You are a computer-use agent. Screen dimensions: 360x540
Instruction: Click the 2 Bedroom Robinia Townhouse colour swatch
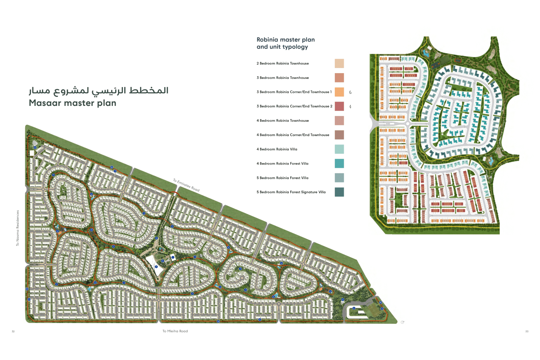pos(339,63)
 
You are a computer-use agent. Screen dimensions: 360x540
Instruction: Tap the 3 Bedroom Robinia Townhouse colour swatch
pos(339,78)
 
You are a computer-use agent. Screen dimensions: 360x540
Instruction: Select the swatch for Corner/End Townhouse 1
pos(339,92)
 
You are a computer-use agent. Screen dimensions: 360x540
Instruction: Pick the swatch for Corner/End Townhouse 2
pos(339,106)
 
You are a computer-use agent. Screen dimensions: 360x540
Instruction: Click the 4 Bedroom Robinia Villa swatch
pos(339,149)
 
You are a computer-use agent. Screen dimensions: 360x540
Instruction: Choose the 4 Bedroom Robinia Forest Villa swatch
pos(339,163)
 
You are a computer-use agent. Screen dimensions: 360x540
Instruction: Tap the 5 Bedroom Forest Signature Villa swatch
pos(339,192)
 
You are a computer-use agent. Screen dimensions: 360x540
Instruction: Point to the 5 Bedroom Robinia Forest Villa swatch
pos(339,178)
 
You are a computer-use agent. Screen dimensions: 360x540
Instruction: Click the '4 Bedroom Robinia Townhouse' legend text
pos(283,121)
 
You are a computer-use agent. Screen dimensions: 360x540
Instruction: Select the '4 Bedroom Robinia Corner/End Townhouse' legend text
pos(293,135)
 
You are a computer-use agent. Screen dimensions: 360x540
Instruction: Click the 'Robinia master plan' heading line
pos(285,40)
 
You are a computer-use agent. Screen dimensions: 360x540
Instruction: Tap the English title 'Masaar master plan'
pos(72,103)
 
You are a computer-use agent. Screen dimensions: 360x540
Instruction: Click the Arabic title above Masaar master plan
pos(98,90)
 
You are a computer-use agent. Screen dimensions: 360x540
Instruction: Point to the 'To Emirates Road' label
pos(186,185)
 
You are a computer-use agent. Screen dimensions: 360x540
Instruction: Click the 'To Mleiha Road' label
pos(175,331)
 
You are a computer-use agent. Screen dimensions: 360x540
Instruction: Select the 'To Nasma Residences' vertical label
pos(17,228)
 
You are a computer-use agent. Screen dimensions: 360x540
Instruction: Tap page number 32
pos(13,332)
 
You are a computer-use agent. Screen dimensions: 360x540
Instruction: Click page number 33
pos(527,332)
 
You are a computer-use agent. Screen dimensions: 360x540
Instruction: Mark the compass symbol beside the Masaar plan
pos(402,322)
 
